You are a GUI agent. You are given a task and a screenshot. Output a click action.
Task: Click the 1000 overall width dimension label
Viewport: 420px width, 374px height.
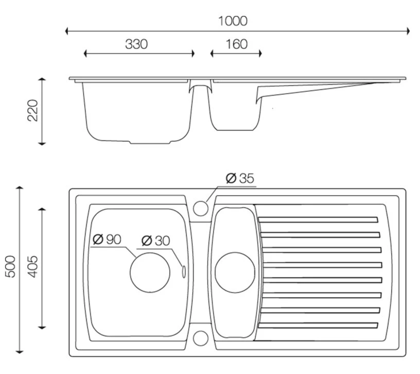coord(233,21)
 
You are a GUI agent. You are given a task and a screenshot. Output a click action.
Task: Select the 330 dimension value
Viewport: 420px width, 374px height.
coord(136,44)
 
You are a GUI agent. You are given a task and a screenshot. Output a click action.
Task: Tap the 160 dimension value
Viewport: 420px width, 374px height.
coord(236,44)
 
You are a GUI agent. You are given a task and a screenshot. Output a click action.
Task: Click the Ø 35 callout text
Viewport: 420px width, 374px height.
coord(240,179)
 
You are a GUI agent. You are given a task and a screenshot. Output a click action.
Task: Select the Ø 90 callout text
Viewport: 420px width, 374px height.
coord(107,239)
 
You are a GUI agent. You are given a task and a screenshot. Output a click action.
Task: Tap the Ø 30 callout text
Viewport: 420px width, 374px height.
coord(155,240)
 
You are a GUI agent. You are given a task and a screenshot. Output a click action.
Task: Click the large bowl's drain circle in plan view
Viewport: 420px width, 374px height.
coord(150,272)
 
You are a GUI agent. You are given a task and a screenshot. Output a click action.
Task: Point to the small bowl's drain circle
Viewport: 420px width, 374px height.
coord(234,272)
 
